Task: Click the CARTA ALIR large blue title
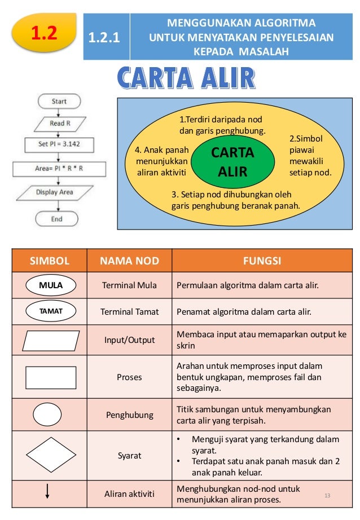[186, 79]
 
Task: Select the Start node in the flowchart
[59, 102]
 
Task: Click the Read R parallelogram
[59, 123]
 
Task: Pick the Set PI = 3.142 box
[59, 144]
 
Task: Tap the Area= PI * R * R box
[59, 168]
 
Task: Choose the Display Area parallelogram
[55, 192]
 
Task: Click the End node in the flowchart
[57, 218]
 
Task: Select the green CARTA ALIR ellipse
[232, 162]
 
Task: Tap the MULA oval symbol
[50, 285]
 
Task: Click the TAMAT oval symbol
[50, 311]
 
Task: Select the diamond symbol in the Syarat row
[50, 455]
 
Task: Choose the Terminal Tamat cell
[129, 311]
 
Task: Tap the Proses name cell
[129, 377]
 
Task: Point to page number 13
[326, 495]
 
